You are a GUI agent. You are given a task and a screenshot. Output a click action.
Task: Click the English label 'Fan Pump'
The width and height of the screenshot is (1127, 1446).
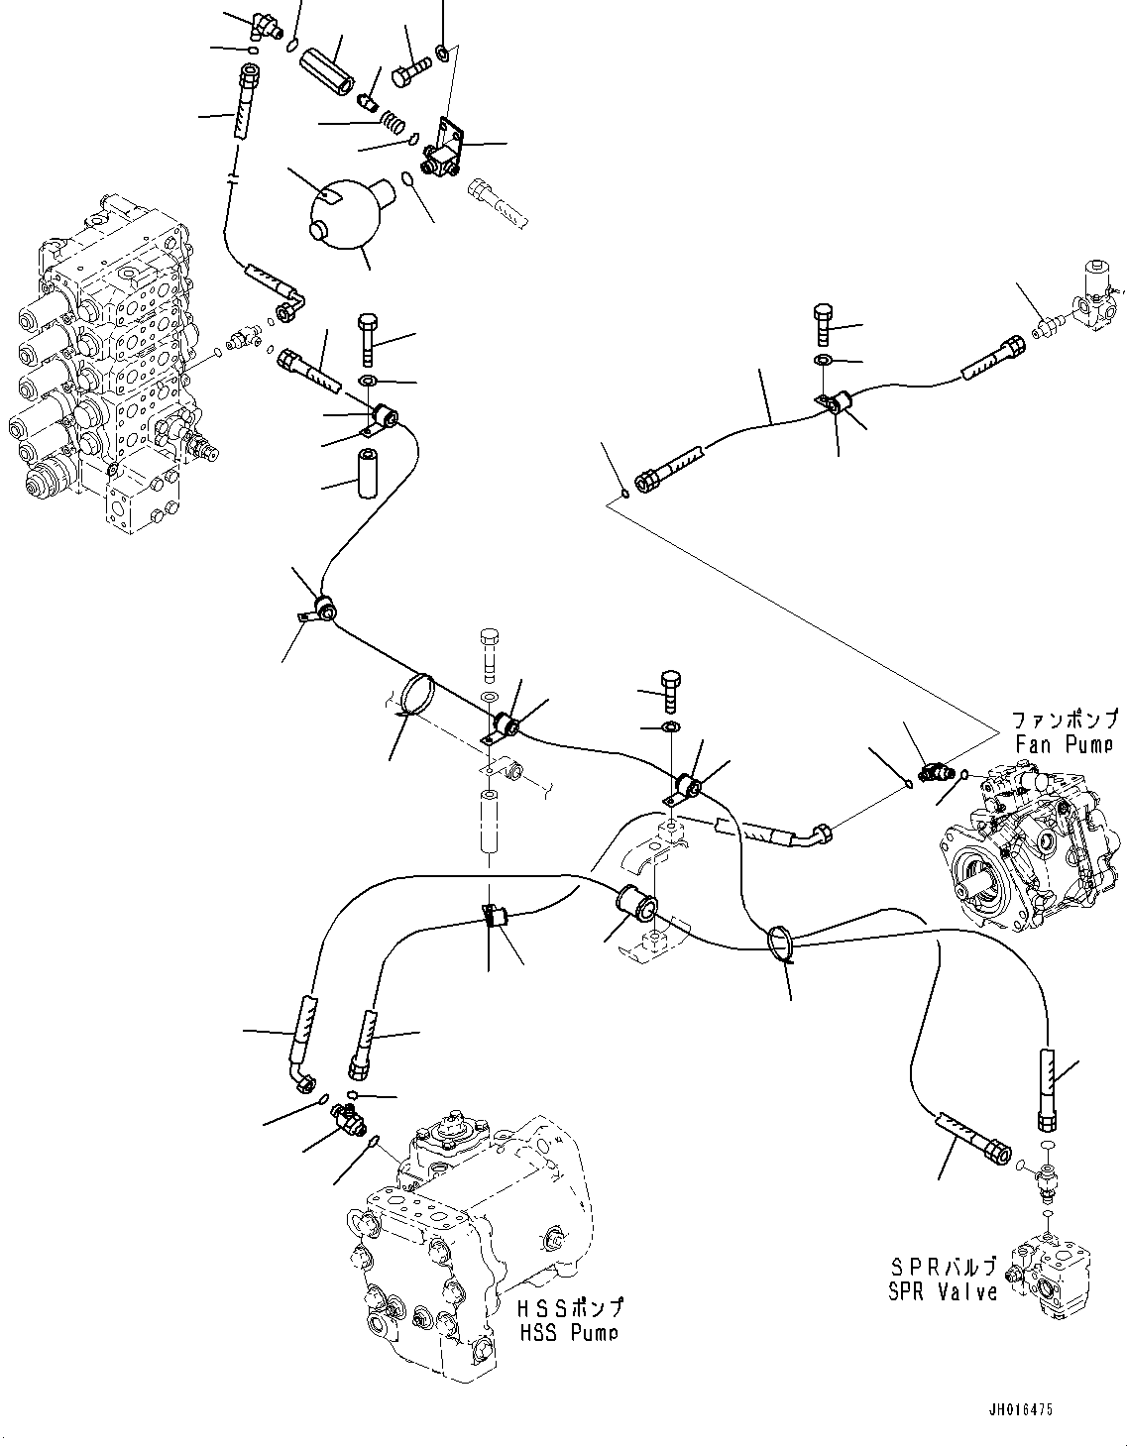(x=1064, y=744)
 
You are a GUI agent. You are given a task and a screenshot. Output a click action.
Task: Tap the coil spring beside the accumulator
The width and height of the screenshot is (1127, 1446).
(x=394, y=122)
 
